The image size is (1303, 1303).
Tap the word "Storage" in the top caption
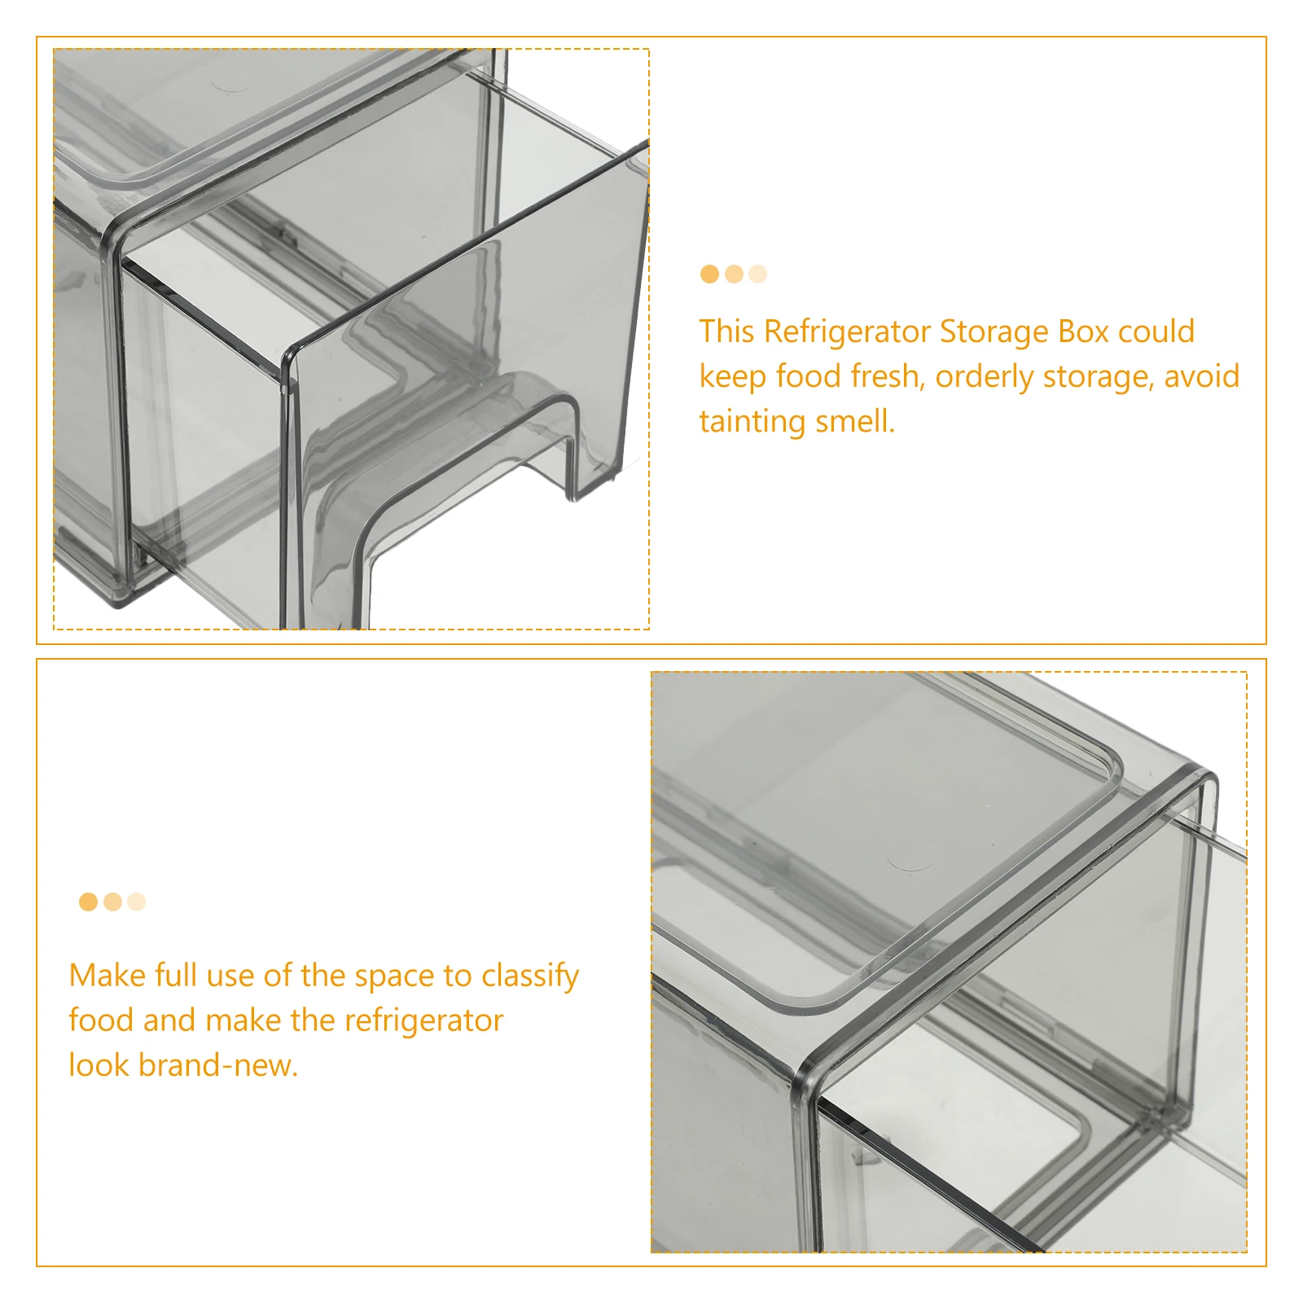coord(994,332)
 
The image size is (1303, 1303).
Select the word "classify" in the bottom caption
coord(530,976)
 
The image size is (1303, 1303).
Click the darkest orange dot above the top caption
coord(709,274)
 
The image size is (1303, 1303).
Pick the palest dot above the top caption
coord(757,274)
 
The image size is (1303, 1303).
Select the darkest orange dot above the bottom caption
coord(88,902)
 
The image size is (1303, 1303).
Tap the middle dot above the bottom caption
coord(112,902)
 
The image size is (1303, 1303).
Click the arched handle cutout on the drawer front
coord(464,456)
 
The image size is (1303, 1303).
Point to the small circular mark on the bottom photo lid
coord(911,862)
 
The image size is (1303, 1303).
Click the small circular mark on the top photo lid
coord(232,85)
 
